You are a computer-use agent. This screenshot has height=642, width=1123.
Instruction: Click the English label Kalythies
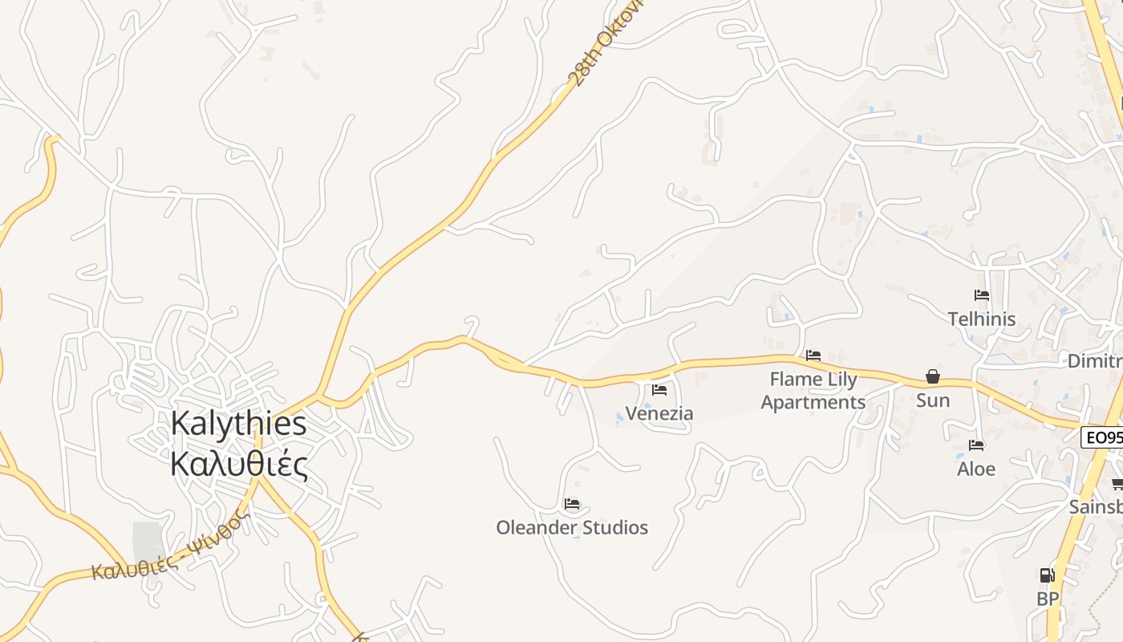click(x=238, y=424)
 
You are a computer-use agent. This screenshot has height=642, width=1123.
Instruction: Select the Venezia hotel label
click(x=659, y=413)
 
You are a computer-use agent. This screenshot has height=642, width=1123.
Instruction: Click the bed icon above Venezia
click(x=659, y=390)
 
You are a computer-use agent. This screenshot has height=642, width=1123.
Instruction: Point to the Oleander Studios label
click(x=572, y=527)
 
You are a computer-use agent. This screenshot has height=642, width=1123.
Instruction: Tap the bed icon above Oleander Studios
click(x=572, y=504)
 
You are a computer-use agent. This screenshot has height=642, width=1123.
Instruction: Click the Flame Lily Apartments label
click(x=813, y=390)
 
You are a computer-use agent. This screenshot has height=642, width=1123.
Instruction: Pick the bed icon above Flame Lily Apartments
click(x=813, y=355)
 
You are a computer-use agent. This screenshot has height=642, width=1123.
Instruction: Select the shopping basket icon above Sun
click(x=933, y=376)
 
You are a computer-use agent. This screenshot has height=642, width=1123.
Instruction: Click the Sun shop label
click(x=933, y=400)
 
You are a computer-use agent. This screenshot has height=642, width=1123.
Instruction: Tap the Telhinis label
click(x=982, y=319)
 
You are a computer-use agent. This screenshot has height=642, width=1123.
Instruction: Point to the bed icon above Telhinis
click(x=982, y=295)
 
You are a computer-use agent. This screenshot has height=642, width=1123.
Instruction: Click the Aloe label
click(x=976, y=469)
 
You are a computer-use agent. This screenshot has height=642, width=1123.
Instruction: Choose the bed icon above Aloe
click(x=976, y=445)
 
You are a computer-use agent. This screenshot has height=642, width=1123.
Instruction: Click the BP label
click(x=1048, y=599)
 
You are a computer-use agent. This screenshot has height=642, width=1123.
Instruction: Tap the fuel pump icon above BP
click(x=1048, y=575)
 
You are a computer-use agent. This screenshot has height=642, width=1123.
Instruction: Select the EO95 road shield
click(x=1103, y=437)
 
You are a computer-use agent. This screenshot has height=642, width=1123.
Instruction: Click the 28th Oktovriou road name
click(x=598, y=48)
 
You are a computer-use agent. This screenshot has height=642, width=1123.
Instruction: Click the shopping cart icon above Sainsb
click(x=1117, y=483)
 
